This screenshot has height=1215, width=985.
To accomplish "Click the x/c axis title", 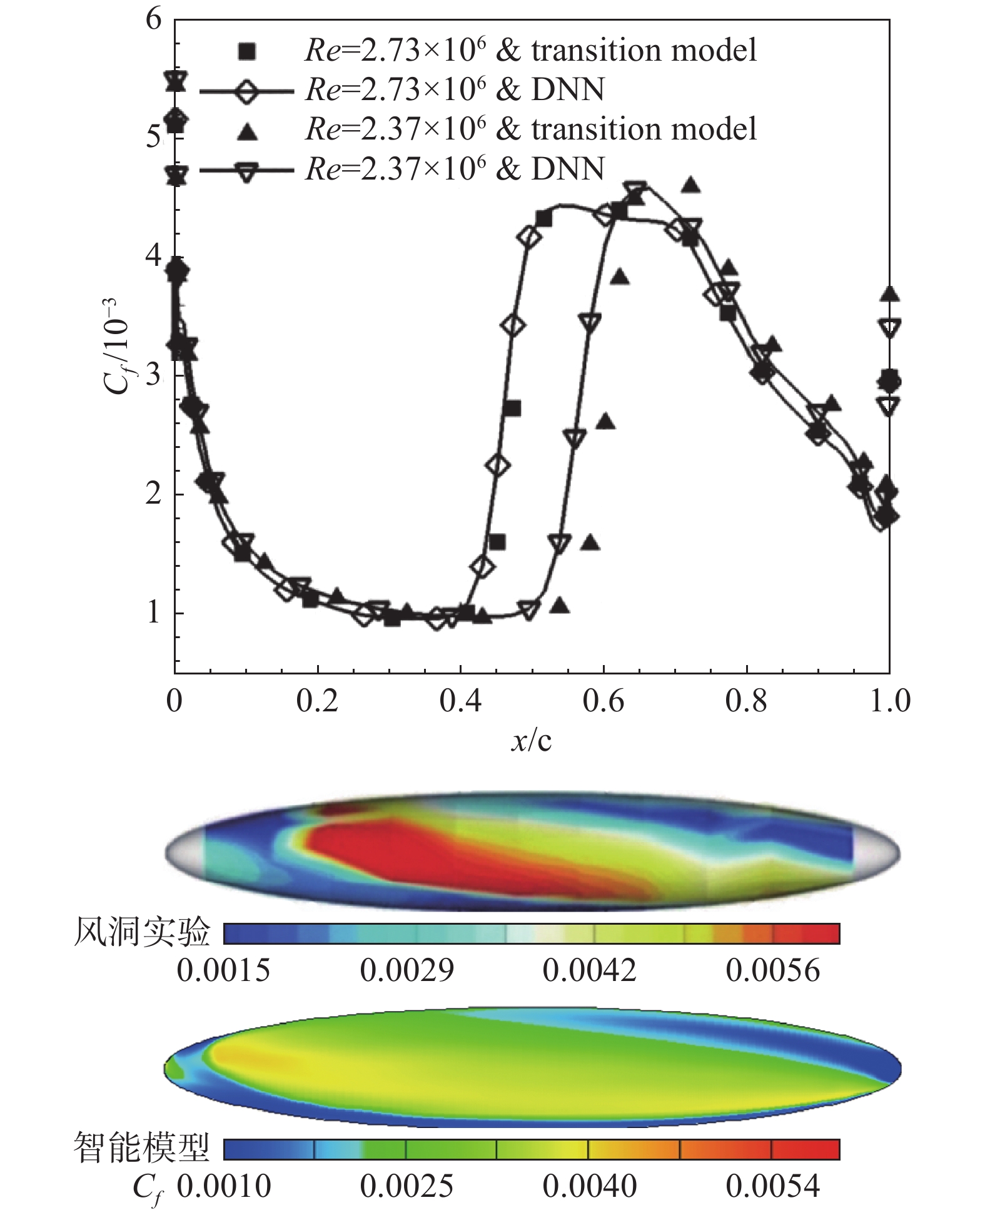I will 532,741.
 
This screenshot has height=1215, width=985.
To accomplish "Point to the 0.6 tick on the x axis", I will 604,701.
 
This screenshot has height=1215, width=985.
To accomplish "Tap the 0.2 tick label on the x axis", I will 317,701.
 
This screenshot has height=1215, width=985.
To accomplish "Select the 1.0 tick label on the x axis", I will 890,701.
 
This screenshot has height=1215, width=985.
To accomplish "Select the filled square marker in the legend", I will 247,51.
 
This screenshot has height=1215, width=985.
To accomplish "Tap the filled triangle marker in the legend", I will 248,131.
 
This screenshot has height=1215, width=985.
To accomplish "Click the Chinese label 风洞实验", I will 142,933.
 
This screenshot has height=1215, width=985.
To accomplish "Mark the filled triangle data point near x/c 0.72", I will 690,185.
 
